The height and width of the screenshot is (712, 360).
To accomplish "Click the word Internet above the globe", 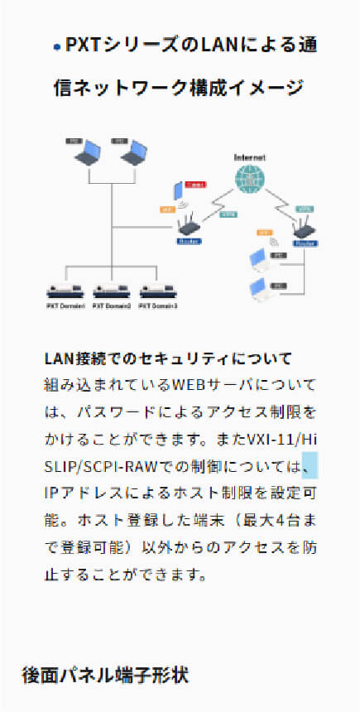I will [249, 157].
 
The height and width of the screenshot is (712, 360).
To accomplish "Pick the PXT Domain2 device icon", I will [112, 291].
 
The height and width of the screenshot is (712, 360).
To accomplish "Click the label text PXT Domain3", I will [158, 305].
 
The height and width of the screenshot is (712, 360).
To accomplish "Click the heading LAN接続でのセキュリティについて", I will [168, 359].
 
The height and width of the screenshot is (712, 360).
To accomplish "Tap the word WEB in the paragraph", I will [189, 386].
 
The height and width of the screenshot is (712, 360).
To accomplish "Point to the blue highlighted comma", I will [310, 466].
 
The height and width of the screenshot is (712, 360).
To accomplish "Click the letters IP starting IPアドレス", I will [51, 493].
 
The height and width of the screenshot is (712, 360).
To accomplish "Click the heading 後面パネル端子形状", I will [105, 675].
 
